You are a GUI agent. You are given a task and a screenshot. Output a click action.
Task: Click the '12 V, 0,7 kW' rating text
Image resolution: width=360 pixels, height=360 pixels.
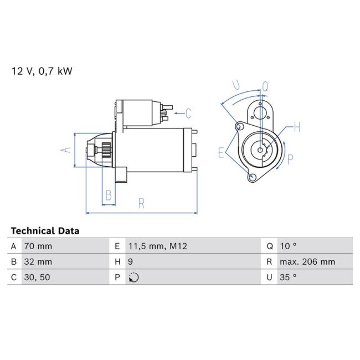[42, 71]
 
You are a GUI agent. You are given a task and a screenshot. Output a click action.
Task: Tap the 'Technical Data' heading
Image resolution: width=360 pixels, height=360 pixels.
[45, 231]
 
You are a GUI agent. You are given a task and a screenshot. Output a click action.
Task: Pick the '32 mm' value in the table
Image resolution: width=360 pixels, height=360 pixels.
[38, 262]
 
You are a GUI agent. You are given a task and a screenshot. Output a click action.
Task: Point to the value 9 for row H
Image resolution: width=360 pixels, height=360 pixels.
[131, 262]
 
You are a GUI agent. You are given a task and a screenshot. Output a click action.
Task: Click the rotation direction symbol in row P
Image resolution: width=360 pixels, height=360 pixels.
[133, 277]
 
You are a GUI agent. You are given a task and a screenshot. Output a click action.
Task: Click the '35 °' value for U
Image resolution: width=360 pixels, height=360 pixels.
[289, 277]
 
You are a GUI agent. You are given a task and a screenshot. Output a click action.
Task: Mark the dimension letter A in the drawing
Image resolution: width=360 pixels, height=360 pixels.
[65, 150]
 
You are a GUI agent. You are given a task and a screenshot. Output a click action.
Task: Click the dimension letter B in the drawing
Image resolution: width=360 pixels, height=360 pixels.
[109, 195]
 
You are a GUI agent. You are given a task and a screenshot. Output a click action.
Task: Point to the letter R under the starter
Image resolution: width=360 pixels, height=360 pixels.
[141, 203]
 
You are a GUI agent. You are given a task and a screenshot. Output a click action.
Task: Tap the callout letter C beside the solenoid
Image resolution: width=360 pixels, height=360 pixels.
[188, 114]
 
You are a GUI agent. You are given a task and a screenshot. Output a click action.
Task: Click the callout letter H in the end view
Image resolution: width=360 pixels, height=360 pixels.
[297, 128]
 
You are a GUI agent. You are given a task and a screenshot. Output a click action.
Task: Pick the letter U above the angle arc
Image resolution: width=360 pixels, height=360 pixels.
[236, 85]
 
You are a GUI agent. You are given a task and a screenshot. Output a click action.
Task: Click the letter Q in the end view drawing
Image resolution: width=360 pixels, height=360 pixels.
[265, 86]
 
